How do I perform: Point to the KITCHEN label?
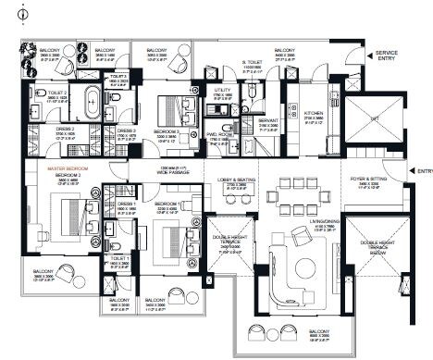(314, 112)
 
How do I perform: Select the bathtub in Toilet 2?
(93, 104)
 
